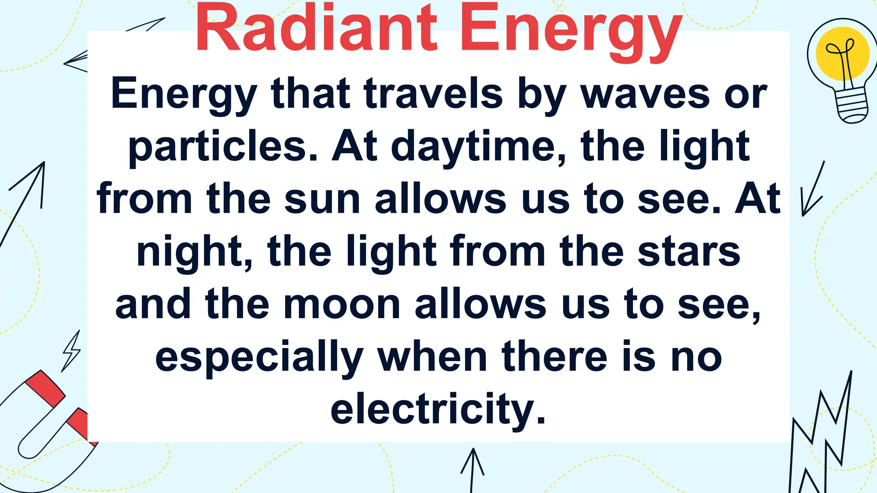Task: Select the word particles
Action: click(223, 147)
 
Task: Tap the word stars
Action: click(689, 252)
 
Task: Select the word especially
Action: click(259, 358)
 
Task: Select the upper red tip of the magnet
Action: click(45, 388)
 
